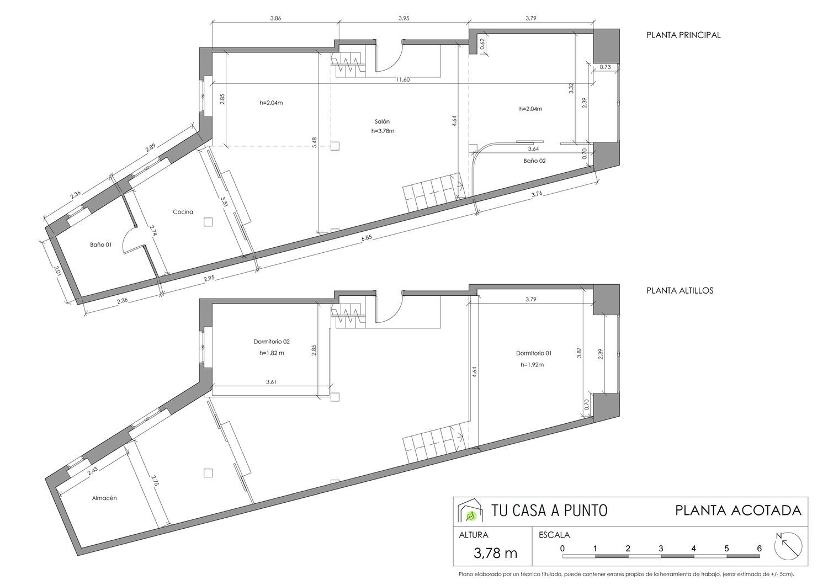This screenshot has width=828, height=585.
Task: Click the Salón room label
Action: (x=382, y=121)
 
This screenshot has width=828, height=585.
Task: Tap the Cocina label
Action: (x=183, y=212)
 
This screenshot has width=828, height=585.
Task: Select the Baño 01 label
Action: (x=100, y=244)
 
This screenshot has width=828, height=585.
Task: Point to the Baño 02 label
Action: (x=534, y=161)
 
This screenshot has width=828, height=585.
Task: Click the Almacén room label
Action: (x=104, y=498)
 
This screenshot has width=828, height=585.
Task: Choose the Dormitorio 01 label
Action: (x=534, y=353)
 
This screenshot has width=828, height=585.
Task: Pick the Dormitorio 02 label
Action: (x=272, y=342)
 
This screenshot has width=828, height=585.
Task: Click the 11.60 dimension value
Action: (x=403, y=79)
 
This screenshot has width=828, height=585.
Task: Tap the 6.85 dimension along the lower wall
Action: (x=367, y=238)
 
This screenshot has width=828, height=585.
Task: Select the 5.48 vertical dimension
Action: (x=314, y=142)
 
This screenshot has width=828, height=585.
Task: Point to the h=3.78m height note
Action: (x=383, y=131)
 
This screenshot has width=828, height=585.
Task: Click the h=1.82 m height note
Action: (x=272, y=353)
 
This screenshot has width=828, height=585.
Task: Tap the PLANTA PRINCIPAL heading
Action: (x=683, y=35)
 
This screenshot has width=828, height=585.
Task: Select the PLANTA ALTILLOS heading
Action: (x=680, y=290)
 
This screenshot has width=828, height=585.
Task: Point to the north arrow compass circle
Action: (x=788, y=546)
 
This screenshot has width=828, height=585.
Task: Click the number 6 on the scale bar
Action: (x=759, y=549)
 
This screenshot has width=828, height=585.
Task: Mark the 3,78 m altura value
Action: (x=495, y=553)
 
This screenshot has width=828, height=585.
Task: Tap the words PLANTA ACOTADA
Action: (x=738, y=510)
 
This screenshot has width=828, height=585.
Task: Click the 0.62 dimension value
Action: (x=482, y=45)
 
